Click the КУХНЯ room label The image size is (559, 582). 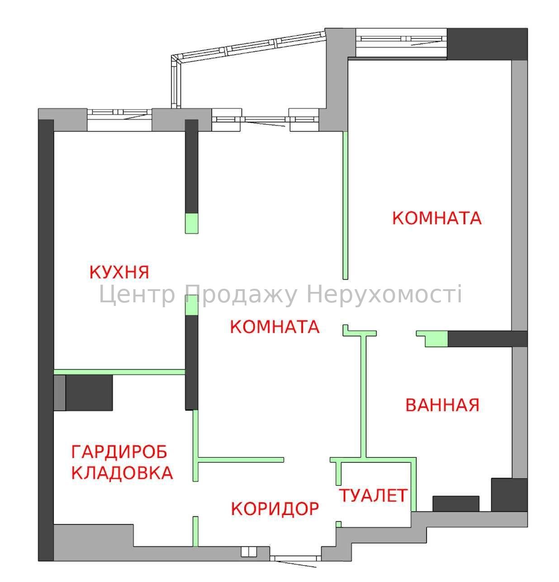pyautogui.click(x=119, y=272)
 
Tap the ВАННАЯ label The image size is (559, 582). pyautogui.click(x=442, y=405)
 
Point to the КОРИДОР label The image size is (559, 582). pyautogui.click(x=275, y=509)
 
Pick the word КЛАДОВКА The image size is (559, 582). pyautogui.click(x=122, y=473)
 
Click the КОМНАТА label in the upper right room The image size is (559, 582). pyautogui.click(x=437, y=218)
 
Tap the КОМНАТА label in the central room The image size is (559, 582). pyautogui.click(x=275, y=327)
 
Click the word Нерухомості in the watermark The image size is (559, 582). pyautogui.click(x=384, y=295)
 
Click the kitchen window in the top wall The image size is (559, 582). pyautogui.click(x=119, y=119)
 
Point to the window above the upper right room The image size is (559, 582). pyautogui.click(x=401, y=43)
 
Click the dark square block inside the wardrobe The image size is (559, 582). pyautogui.click(x=89, y=393)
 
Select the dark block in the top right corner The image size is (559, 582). pyautogui.click(x=487, y=44)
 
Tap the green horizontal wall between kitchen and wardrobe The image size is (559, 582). pyautogui.click(x=119, y=372)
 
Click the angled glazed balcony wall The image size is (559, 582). pyautogui.click(x=249, y=69)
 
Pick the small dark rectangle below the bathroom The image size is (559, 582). pyautogui.click(x=456, y=504)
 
